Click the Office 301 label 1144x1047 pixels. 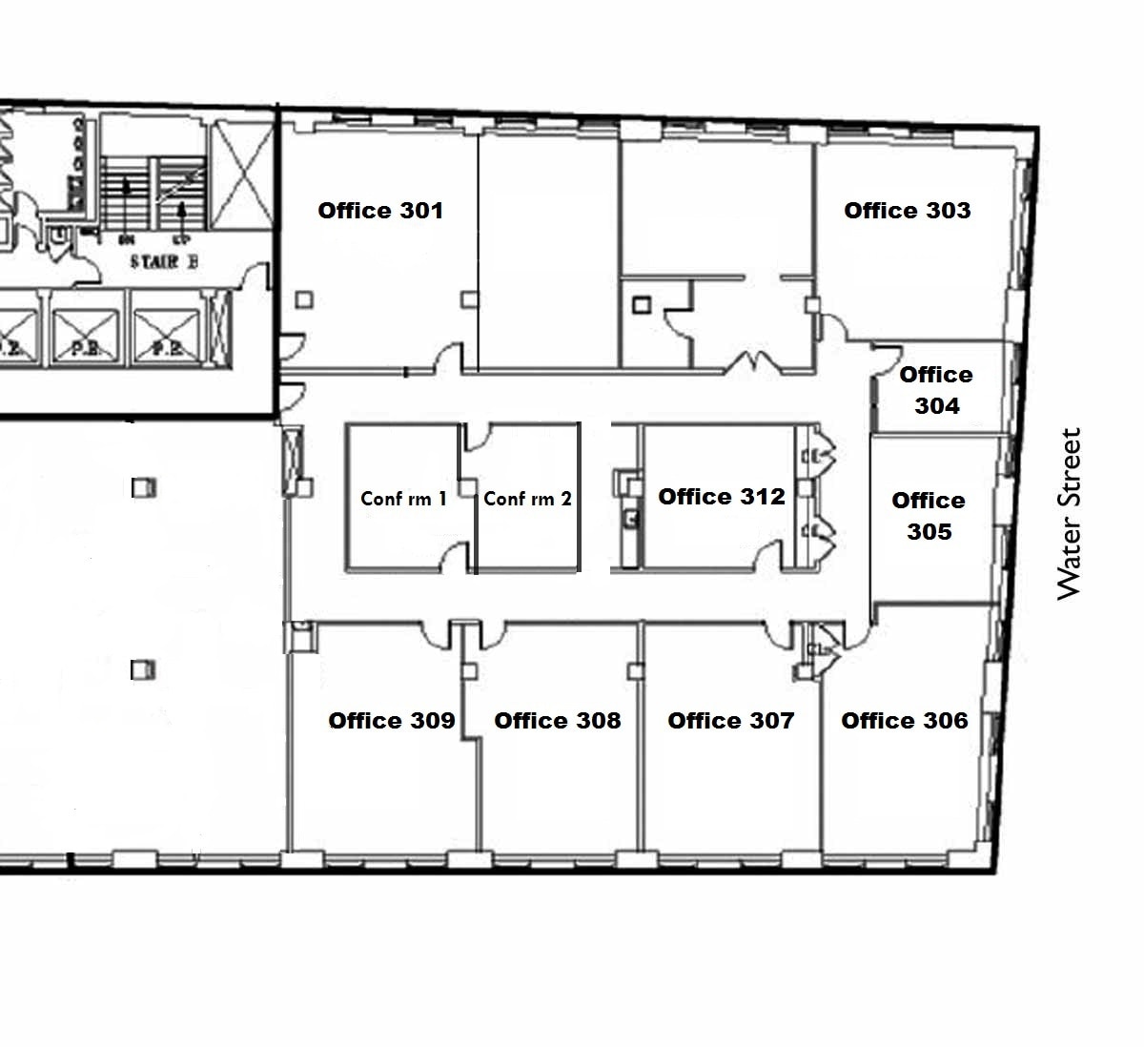tap(380, 211)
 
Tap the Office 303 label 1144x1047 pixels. tap(907, 211)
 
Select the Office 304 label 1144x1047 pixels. tap(936, 390)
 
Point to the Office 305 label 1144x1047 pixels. tap(929, 516)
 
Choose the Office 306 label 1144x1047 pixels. tap(904, 721)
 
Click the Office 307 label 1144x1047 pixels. tap(730, 721)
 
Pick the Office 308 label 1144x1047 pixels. tap(557, 721)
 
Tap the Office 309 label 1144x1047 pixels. tap(391, 721)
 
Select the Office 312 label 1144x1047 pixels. tap(722, 497)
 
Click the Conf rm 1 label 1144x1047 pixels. tap(403, 499)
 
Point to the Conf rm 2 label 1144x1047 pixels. tap(527, 499)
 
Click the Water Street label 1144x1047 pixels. tap(1071, 514)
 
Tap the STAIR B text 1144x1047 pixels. tap(164, 262)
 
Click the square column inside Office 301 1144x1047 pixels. tap(303, 299)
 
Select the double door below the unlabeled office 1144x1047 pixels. tap(752, 362)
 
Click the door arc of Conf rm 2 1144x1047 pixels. tap(478, 437)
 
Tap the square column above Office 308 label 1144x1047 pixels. tap(469, 671)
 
